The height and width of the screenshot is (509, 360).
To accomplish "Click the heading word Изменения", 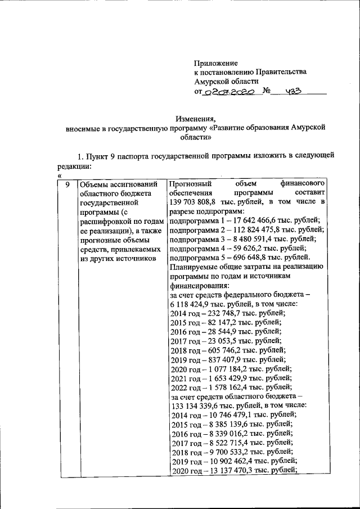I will [x=195, y=119].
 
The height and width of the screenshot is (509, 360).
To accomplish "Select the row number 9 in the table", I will [x=66, y=184].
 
